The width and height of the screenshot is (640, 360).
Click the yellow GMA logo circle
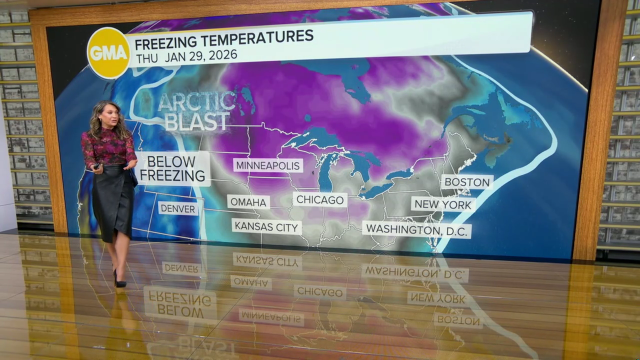pos(108,53)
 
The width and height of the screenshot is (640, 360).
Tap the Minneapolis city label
pos(268,165)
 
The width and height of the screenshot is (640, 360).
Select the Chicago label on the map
pos(320,200)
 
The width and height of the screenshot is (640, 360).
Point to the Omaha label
pos(248,202)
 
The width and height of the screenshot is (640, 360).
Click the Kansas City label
pos(266,226)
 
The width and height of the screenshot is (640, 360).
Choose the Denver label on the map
pos(178,208)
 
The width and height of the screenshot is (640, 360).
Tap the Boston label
pos(467,182)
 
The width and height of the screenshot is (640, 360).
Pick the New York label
pos(443,204)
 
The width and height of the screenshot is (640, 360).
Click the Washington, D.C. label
pos(416,229)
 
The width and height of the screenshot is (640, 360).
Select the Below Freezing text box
pos(172,168)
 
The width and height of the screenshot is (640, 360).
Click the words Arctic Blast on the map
pos(197,111)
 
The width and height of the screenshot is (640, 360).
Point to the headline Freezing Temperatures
pos(224,36)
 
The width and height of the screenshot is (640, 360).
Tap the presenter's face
pos(109,115)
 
